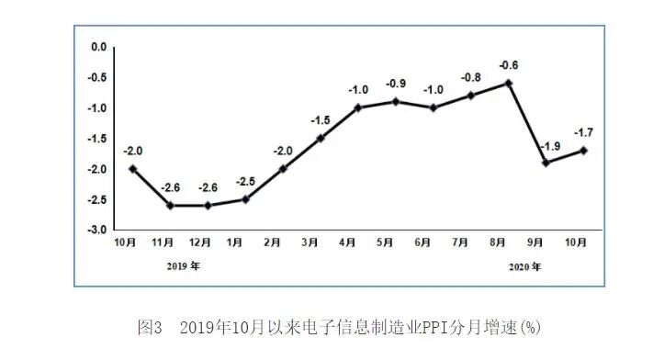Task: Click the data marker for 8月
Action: [508, 84]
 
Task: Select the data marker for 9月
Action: [546, 163]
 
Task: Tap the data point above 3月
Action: [321, 138]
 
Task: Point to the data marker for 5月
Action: [396, 101]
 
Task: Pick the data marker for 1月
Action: [245, 199]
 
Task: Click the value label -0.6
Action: [508, 65]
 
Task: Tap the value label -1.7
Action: [584, 132]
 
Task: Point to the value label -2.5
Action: [246, 182]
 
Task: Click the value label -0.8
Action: [471, 77]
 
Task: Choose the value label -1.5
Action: [321, 120]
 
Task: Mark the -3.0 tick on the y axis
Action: [97, 230]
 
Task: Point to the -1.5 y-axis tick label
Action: [97, 139]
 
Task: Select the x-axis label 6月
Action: [423, 242]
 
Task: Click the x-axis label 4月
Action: [347, 242]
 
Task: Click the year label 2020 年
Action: [524, 266]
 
